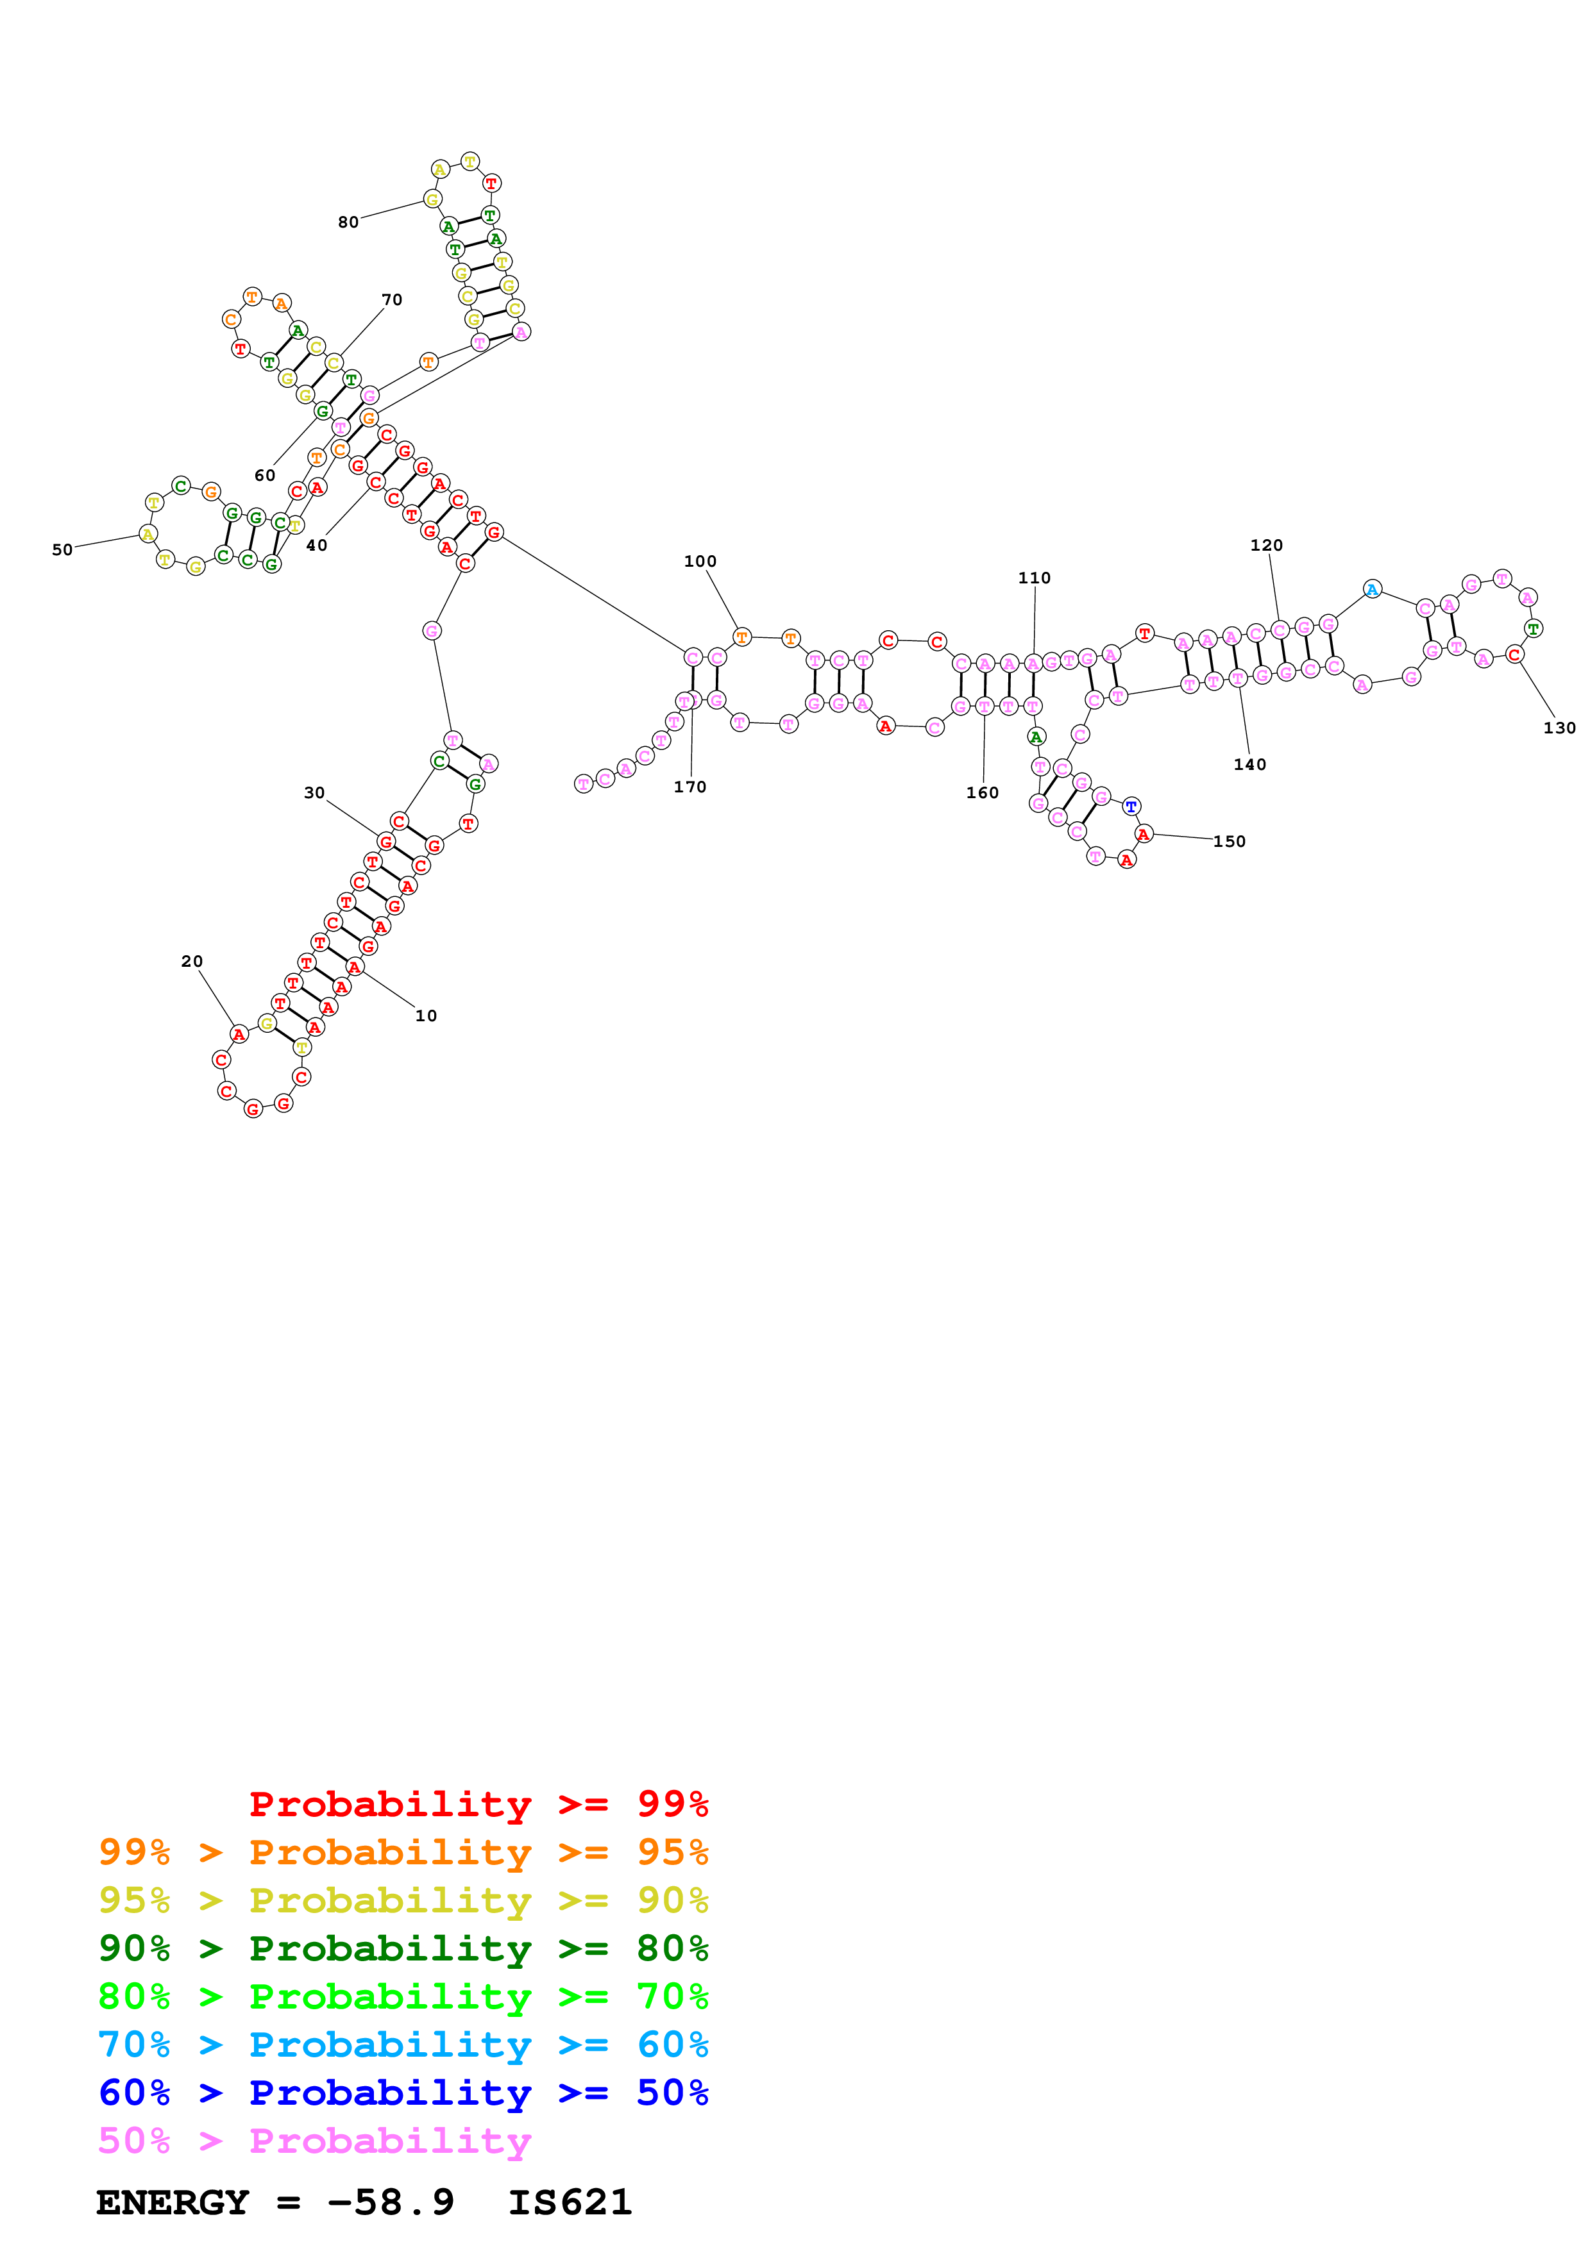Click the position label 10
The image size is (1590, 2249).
click(425, 1016)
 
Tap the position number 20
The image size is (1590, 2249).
click(192, 961)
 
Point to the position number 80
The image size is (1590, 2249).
click(349, 222)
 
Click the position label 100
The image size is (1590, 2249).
click(700, 561)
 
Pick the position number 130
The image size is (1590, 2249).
click(1559, 728)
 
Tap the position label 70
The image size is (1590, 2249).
click(392, 300)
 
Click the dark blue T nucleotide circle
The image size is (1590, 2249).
click(1131, 806)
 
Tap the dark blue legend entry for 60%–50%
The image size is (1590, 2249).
click(403, 2093)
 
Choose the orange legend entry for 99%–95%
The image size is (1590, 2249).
click(403, 1852)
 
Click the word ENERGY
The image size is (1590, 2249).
click(173, 2202)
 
